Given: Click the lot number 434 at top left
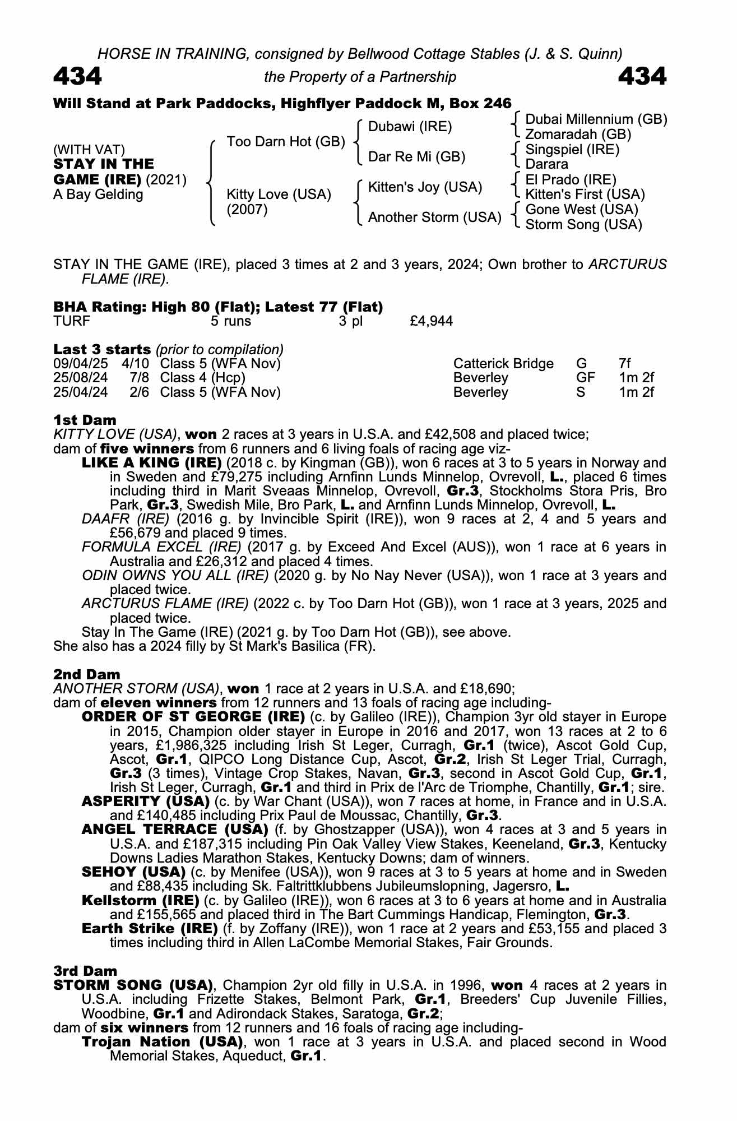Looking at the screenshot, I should (x=77, y=76).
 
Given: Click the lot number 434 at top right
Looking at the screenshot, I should (x=642, y=76).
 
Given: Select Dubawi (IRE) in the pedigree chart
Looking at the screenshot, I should (x=410, y=127).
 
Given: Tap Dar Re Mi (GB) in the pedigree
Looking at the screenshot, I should (x=416, y=157).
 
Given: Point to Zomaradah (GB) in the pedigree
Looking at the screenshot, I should (x=578, y=135).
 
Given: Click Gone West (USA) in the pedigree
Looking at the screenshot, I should (x=581, y=210).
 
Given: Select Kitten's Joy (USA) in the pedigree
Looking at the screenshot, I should (x=425, y=187).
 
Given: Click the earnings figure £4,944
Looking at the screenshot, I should (x=432, y=321).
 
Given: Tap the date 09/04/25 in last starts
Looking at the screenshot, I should (x=80, y=364).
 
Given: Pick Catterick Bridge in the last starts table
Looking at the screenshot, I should (x=503, y=364).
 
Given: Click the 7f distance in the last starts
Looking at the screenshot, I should (x=625, y=364).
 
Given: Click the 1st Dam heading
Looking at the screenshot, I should (x=85, y=420).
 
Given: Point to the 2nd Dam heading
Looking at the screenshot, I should (x=87, y=674).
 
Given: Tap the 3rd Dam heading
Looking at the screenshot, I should (x=86, y=971).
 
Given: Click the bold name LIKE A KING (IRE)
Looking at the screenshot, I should (x=151, y=463).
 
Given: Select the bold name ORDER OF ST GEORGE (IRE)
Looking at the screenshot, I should (x=193, y=717).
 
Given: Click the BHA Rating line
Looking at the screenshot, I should (x=218, y=307).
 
